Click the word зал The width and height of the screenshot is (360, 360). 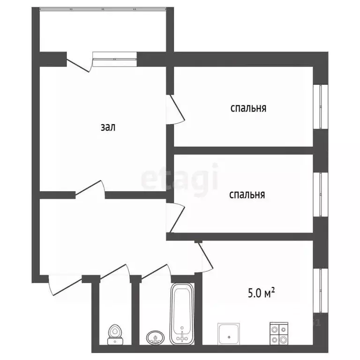108,127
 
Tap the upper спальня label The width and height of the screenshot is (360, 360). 248,108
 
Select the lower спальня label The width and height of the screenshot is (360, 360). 247,195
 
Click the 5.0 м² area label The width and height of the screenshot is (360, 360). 261,293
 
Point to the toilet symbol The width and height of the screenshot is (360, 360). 115,334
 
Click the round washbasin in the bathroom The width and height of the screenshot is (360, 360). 156,337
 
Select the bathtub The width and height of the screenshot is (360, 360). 182,314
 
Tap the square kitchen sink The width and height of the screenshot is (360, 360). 229,334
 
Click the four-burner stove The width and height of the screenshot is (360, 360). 279,333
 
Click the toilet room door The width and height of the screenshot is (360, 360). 113,272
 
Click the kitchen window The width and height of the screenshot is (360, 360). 321,291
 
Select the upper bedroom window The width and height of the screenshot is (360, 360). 321,107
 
